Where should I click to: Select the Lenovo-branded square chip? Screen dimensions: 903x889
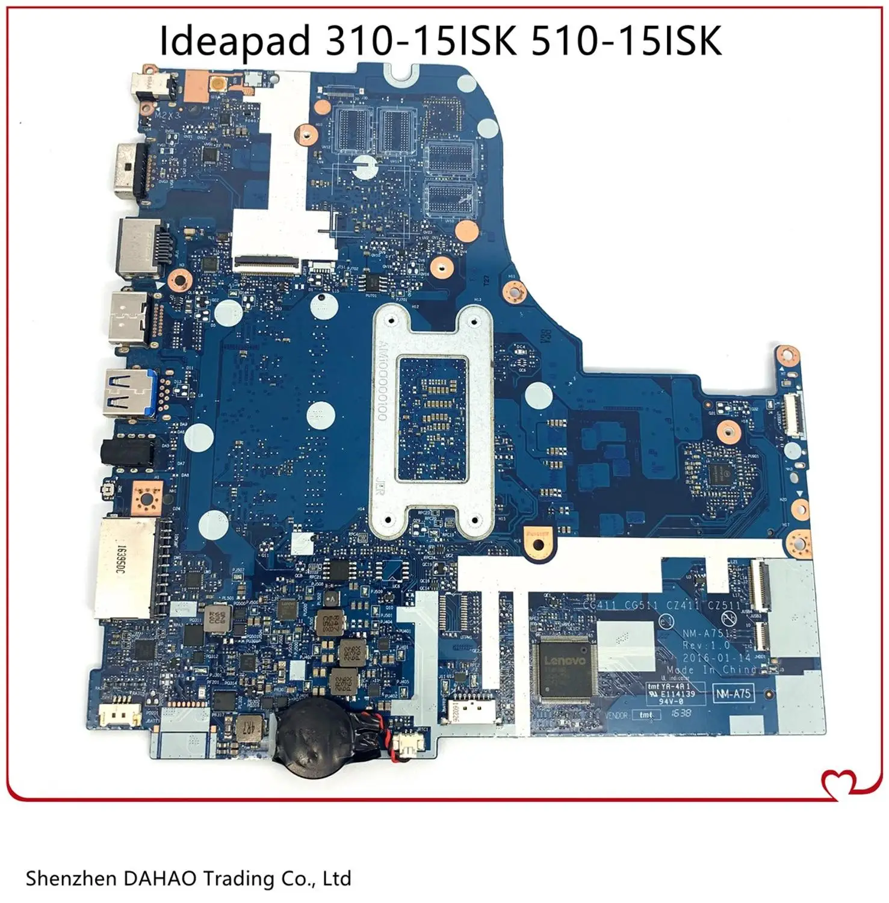click(x=565, y=669)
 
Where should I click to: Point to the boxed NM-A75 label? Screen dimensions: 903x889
click(x=733, y=694)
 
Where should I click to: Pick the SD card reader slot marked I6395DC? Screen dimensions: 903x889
click(x=123, y=568)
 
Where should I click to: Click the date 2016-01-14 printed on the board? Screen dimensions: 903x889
click(x=716, y=658)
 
